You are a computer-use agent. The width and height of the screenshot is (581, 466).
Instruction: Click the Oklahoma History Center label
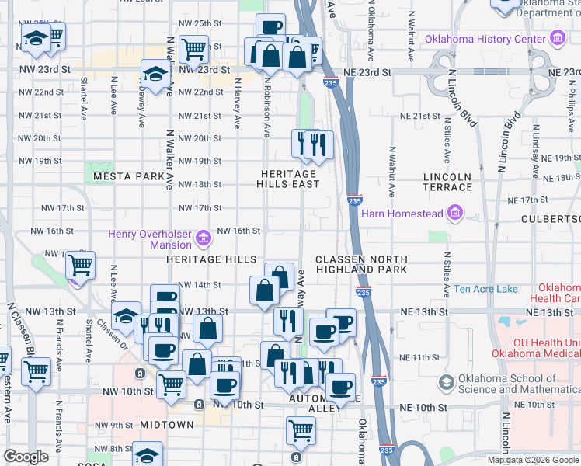coord(485,39)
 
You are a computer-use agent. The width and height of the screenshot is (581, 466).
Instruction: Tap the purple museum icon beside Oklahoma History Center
coord(556,38)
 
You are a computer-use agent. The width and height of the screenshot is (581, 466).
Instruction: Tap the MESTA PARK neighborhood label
coord(129,177)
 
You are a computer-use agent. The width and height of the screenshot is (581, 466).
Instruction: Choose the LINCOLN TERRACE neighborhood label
coord(447,182)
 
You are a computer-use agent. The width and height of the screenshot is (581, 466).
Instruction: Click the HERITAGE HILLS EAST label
coord(288,179)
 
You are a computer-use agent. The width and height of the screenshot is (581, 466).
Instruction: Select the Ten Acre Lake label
coord(486,290)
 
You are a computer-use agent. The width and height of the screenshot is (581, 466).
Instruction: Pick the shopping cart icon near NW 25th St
coord(193,48)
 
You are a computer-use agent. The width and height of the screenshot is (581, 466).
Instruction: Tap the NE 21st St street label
coord(415,116)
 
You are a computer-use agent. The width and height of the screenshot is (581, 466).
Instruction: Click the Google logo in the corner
coord(26,457)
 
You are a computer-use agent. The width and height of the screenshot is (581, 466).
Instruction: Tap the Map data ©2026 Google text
coord(533,460)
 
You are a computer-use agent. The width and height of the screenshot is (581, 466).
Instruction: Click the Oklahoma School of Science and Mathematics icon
coord(447,382)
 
